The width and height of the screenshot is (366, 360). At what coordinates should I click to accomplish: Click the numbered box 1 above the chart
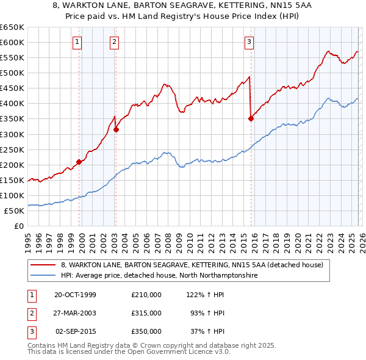click(x=78, y=42)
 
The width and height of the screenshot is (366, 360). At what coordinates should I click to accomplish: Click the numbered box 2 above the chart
click(x=115, y=42)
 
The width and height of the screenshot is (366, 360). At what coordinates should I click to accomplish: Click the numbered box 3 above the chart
click(x=249, y=42)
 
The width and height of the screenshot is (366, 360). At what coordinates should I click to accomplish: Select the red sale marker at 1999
click(x=79, y=162)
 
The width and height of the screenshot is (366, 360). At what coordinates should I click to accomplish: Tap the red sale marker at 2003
click(x=116, y=129)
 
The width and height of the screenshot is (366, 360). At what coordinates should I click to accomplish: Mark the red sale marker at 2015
click(x=251, y=119)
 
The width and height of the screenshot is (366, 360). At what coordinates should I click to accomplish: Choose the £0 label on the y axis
click(x=18, y=226)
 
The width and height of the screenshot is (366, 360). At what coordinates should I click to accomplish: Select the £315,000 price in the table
click(x=146, y=313)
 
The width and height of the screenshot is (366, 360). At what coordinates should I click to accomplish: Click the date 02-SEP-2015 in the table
click(x=76, y=331)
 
